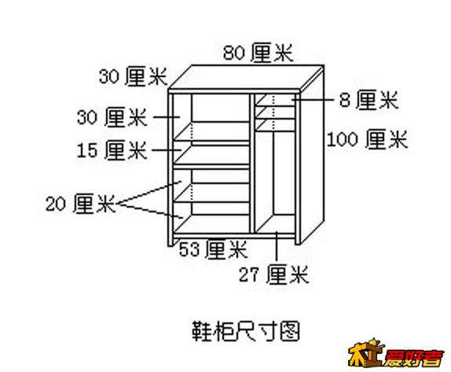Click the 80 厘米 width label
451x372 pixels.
pyautogui.click(x=258, y=53)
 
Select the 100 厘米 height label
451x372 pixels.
pyautogui.click(x=367, y=140)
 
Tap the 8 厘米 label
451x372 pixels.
pyautogui.click(x=369, y=100)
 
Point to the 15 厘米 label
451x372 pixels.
pyautogui.click(x=112, y=150)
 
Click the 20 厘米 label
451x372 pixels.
pyautogui.click(x=80, y=204)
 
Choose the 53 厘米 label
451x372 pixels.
pyautogui.click(x=213, y=249)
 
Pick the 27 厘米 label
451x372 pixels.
pyautogui.click(x=273, y=274)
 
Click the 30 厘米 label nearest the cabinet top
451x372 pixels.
pyautogui.click(x=133, y=76)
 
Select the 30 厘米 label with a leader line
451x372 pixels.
pyautogui.click(x=112, y=117)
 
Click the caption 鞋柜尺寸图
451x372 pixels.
pyautogui.click(x=246, y=331)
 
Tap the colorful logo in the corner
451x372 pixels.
pyautogui.click(x=396, y=354)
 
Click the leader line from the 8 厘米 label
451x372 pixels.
pyautogui.click(x=313, y=100)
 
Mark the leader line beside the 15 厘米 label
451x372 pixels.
pyautogui.click(x=167, y=150)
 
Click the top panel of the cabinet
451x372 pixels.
pyautogui.click(x=246, y=76)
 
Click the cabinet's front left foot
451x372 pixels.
pyautogui.click(x=170, y=241)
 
